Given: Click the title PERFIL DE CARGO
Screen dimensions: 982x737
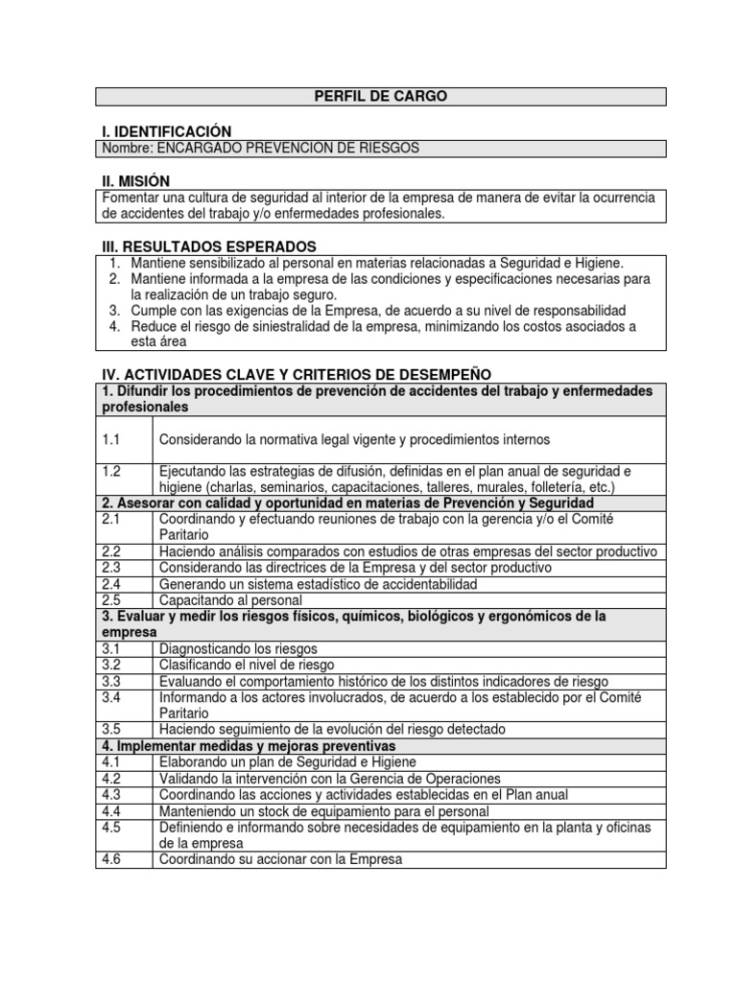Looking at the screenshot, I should coord(381,96).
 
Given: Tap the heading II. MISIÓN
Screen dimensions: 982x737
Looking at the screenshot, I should coord(135,181).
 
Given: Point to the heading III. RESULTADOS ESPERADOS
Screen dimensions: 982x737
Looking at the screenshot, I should coord(208,246).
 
